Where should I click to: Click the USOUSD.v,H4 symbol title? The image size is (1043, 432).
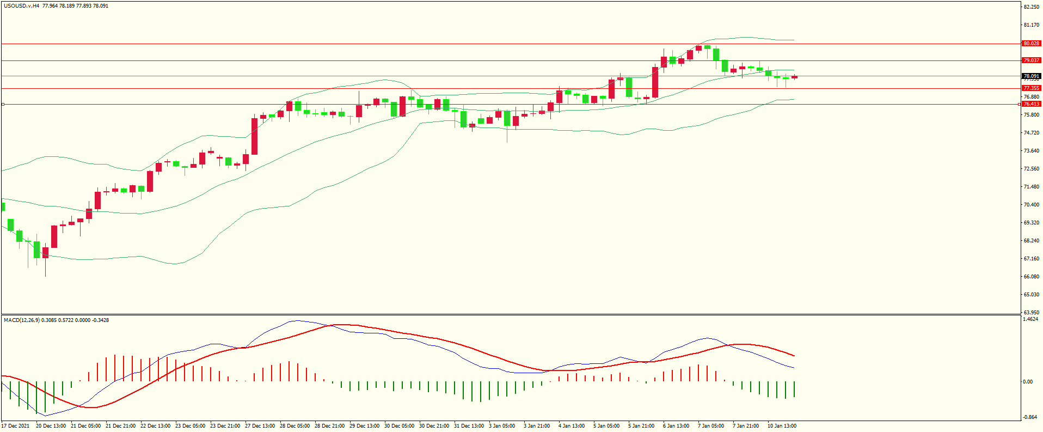(21, 6)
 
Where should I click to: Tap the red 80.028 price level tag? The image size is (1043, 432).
(1031, 44)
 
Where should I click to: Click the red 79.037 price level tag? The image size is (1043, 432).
(1031, 60)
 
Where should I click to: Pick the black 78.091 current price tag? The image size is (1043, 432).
(1031, 76)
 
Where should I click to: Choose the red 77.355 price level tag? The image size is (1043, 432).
(1031, 88)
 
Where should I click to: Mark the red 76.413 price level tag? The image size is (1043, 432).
(1031, 104)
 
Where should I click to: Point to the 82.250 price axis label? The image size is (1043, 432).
(1032, 7)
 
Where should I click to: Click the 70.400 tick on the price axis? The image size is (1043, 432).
(1032, 205)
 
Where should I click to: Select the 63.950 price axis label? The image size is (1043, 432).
(1032, 313)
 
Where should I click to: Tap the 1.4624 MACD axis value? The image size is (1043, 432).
(1030, 319)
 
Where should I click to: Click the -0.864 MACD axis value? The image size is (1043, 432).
(1030, 417)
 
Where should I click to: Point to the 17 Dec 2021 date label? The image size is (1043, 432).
(15, 426)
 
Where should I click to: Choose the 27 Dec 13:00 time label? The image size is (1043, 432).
(260, 426)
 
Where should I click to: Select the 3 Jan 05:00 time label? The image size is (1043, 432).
(501, 426)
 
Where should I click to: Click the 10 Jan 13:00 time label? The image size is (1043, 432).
(782, 426)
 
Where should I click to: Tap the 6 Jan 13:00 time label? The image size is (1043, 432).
(676, 426)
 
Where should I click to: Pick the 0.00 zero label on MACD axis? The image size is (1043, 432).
(1028, 382)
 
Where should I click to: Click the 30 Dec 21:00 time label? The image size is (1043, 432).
(434, 426)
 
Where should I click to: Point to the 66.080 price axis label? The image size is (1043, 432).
(1032, 277)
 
